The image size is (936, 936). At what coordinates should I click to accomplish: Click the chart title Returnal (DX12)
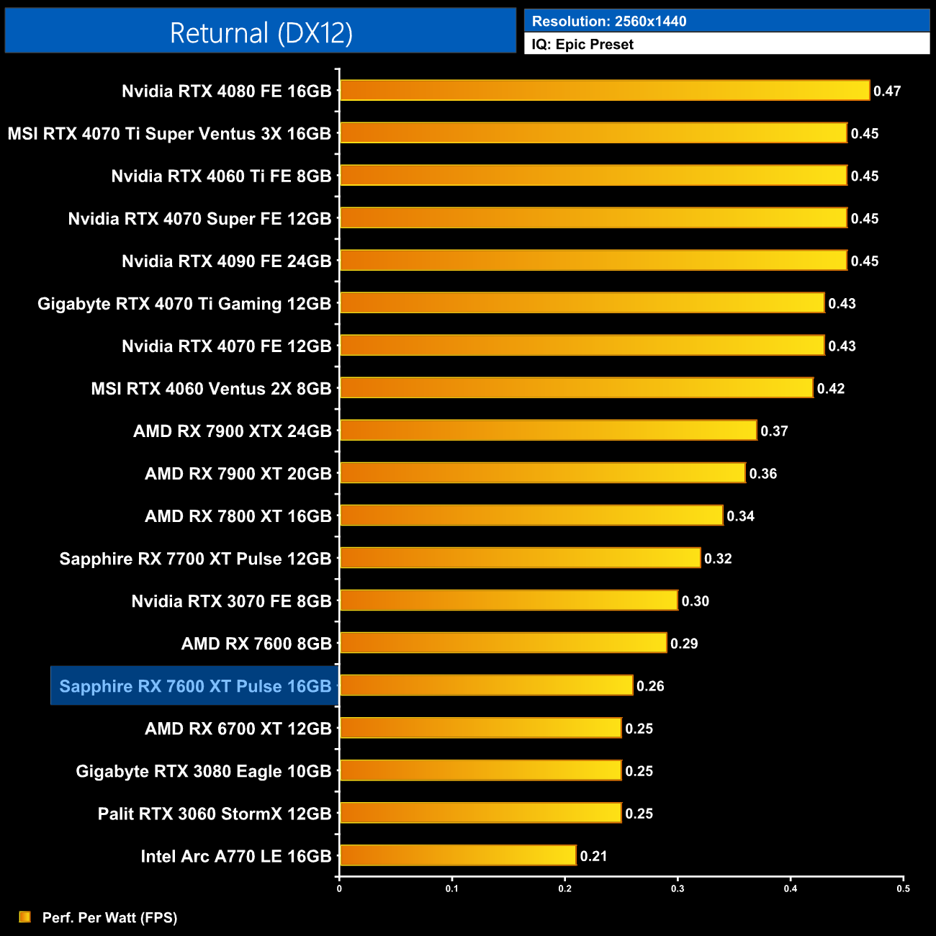click(x=261, y=33)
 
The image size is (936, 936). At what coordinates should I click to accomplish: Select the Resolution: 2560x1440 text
click(x=609, y=21)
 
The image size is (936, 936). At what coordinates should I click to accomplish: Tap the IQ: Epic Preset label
click(x=582, y=45)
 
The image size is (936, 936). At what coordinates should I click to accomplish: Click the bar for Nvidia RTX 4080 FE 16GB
click(x=605, y=91)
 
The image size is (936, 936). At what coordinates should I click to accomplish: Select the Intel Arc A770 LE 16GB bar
click(x=458, y=855)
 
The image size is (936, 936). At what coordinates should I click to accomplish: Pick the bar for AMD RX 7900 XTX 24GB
click(x=548, y=431)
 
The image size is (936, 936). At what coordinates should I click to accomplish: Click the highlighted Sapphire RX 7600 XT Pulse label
click(x=195, y=686)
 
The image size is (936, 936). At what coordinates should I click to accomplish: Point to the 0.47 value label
click(x=887, y=91)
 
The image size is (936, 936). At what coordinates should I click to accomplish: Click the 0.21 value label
click(x=593, y=856)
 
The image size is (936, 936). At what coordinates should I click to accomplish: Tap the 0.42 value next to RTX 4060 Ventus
click(x=830, y=389)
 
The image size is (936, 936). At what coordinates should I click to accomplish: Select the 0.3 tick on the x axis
click(x=678, y=888)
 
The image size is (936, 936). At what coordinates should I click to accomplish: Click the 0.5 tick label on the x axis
click(x=903, y=888)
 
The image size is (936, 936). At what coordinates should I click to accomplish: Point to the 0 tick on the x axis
click(x=339, y=888)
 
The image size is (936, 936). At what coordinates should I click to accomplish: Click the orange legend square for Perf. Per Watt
click(x=25, y=917)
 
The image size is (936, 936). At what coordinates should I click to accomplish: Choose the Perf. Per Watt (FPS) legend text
click(x=109, y=917)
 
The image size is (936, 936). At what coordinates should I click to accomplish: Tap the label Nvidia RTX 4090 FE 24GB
click(x=226, y=261)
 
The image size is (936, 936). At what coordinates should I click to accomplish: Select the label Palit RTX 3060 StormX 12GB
click(x=215, y=814)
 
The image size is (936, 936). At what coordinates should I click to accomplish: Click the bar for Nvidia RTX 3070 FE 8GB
click(x=508, y=600)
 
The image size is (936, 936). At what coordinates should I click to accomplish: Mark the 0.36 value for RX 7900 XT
click(x=762, y=474)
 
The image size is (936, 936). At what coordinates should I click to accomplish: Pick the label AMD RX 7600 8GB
click(x=256, y=644)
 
